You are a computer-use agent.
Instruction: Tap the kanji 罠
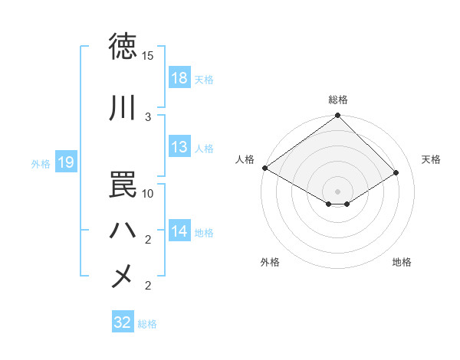pyautogui.click(x=123, y=184)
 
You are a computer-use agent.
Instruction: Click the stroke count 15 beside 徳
pyautogui.click(x=148, y=56)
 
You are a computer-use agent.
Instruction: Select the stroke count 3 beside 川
pyautogui.click(x=148, y=116)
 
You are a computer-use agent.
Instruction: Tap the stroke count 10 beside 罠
pyautogui.click(x=148, y=193)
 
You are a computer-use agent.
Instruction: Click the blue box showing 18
pyautogui.click(x=179, y=79)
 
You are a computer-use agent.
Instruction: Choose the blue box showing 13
pyautogui.click(x=179, y=148)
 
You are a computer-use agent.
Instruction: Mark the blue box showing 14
pyautogui.click(x=179, y=232)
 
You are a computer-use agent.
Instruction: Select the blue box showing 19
pyautogui.click(x=65, y=162)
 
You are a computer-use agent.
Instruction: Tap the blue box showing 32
pyautogui.click(x=123, y=322)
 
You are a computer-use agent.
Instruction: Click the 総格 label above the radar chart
pyautogui.click(x=338, y=100)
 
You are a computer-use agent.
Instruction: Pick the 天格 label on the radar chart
pyautogui.click(x=431, y=159)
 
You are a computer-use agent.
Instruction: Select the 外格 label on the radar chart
pyautogui.click(x=270, y=262)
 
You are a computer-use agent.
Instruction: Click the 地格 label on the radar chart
pyautogui.click(x=402, y=262)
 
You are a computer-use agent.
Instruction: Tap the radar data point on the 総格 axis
pyautogui.click(x=338, y=116)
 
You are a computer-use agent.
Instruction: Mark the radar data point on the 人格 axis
pyautogui.click(x=264, y=168)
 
